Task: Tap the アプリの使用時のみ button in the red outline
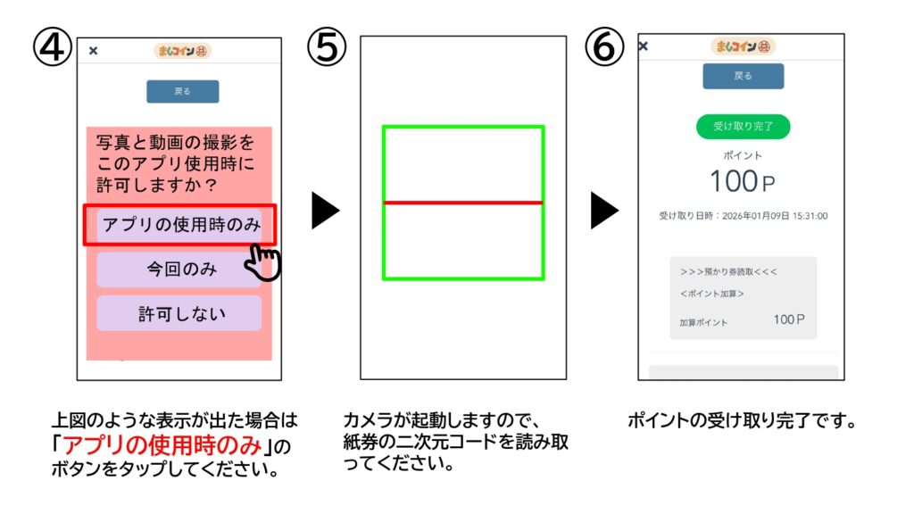(x=181, y=225)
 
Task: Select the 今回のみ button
(x=181, y=269)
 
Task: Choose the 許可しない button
(x=181, y=313)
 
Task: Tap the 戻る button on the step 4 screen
(x=182, y=91)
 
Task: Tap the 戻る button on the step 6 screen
(x=743, y=76)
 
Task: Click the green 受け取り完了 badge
(x=743, y=127)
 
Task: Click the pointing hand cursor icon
(x=264, y=262)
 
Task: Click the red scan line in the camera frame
(x=463, y=203)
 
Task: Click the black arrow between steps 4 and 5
(x=325, y=211)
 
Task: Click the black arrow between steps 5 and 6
(x=603, y=211)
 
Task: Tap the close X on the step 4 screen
(x=93, y=51)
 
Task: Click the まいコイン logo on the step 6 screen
(x=743, y=46)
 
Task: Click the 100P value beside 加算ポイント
(x=789, y=319)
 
